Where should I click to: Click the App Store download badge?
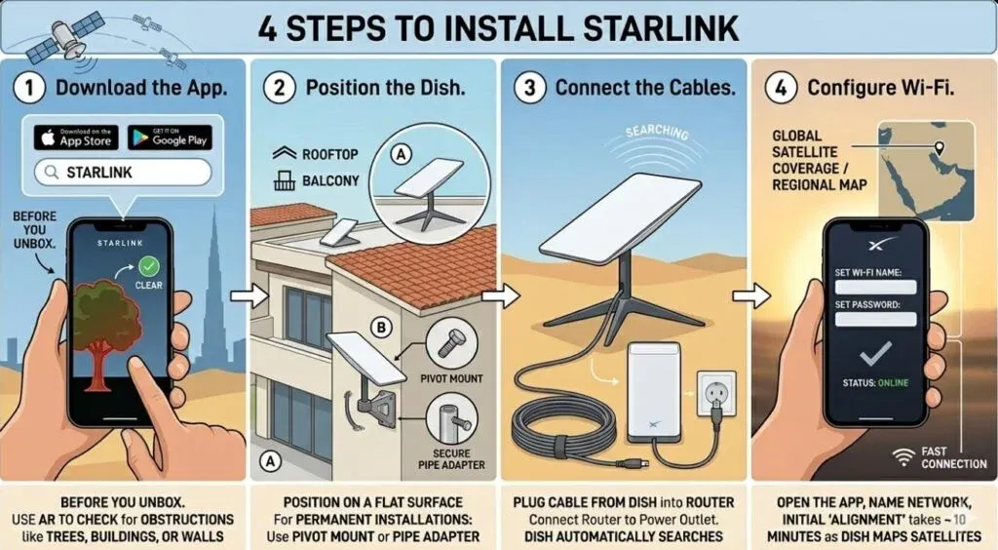(76, 137)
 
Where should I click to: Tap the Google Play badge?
(169, 137)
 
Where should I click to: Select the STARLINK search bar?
(123, 173)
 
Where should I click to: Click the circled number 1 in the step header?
(29, 87)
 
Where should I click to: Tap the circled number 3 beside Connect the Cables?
(529, 87)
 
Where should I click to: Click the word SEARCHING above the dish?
(656, 132)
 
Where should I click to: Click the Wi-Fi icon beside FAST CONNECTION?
(904, 453)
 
